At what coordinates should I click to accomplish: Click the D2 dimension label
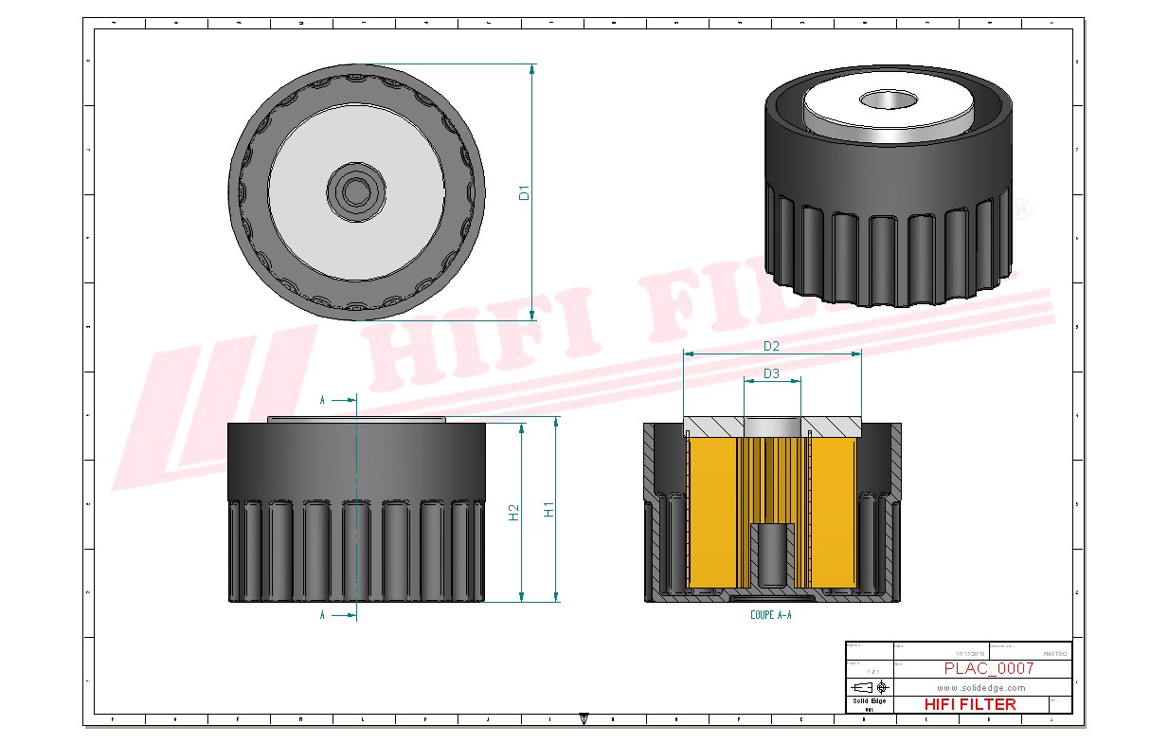coord(771,346)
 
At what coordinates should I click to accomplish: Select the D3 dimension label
coord(771,373)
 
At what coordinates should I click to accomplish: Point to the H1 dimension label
coord(548,510)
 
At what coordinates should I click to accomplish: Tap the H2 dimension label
coord(514,513)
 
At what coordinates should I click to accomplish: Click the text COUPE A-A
coord(770,615)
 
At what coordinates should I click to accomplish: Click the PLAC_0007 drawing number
coord(988,668)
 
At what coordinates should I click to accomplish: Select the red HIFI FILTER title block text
coord(969,704)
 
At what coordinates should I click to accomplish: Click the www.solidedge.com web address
coord(981,687)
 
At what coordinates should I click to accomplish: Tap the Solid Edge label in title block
coord(869,700)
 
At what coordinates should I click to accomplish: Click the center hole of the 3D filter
coord(889,99)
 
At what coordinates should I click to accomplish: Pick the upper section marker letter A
coord(322,401)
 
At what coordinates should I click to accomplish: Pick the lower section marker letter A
coord(322,615)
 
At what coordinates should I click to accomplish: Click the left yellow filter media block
coord(711,512)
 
